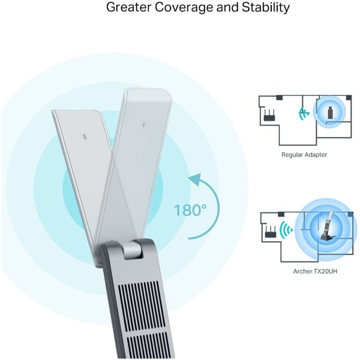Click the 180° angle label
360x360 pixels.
[x=190, y=211]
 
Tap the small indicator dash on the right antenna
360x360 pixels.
[x=144, y=125]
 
